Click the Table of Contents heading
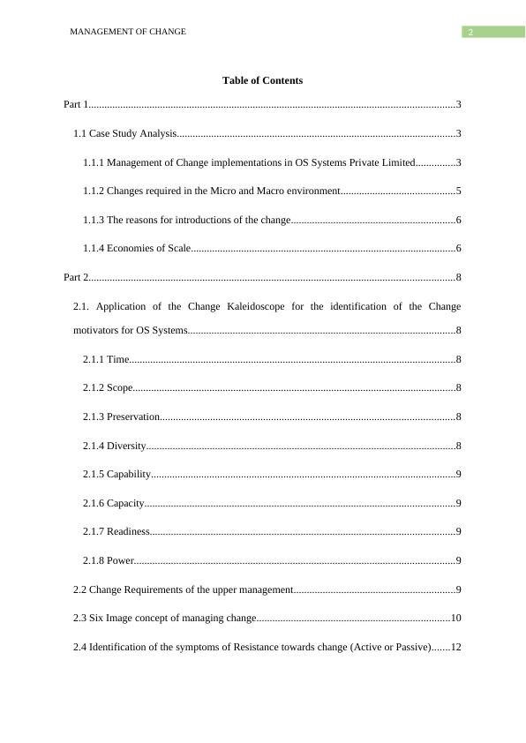262,80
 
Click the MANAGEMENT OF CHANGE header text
127,32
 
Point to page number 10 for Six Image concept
456,619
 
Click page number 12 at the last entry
456,647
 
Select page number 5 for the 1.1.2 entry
459,191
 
